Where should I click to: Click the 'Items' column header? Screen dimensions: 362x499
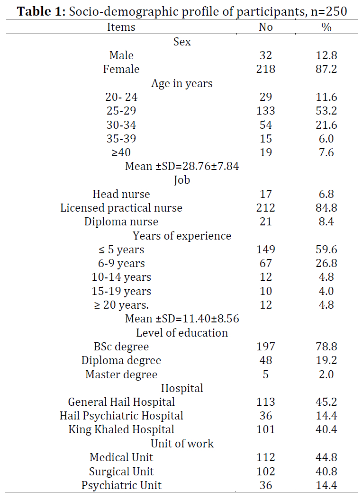121,27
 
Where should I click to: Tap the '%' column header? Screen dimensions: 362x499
326,27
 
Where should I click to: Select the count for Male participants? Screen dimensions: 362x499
265,55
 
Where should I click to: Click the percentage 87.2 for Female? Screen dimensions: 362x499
326,69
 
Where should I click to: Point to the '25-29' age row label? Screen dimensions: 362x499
121,111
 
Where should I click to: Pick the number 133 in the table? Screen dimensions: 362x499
265,111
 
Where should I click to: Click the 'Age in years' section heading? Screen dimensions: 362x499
182,83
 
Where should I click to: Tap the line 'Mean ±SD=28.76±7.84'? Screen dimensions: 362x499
182,166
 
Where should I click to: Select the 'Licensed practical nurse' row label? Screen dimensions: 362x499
121,208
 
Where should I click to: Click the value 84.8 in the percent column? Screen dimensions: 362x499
326,208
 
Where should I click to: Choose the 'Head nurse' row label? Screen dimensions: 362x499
121,194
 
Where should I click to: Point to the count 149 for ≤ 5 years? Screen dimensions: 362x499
265,249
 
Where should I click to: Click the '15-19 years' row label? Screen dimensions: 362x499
121,291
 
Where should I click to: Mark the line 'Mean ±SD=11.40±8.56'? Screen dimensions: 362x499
182,319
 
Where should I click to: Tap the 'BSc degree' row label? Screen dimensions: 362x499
121,347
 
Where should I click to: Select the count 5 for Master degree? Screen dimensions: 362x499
265,374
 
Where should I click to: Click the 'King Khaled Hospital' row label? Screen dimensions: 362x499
121,429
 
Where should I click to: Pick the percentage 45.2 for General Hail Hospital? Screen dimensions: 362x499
326,402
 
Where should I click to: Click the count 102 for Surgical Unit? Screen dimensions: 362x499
265,472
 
